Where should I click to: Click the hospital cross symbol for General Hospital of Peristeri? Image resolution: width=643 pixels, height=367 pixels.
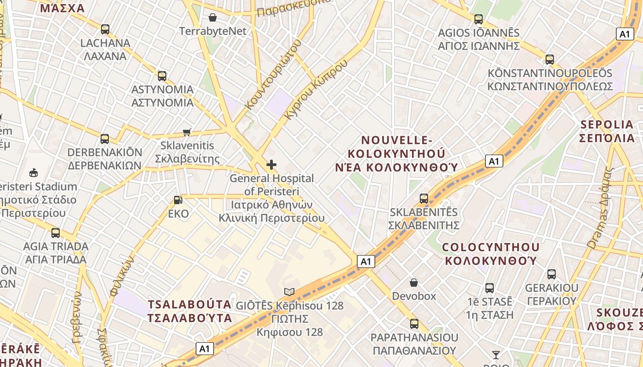pos(271,164)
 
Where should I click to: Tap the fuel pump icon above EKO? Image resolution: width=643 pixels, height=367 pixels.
pos(178,200)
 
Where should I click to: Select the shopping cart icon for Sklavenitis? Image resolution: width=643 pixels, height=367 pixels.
pos(187,132)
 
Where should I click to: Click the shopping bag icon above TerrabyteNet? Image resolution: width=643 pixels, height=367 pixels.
pos(213,17)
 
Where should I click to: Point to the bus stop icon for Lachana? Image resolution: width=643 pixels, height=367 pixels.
pos(105,29)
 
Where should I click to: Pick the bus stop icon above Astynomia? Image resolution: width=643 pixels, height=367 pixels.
pos(162,76)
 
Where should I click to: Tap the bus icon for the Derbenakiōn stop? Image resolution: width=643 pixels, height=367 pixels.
pos(105,139)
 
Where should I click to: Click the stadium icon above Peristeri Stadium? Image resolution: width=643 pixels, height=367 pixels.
pos(33,173)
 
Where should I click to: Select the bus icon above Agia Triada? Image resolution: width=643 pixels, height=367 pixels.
pos(56,233)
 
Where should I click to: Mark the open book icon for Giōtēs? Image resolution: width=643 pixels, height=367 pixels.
pos(289,292)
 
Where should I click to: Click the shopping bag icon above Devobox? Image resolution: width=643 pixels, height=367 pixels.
pos(414,282)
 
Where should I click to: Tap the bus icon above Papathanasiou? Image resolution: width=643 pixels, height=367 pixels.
pos(414,324)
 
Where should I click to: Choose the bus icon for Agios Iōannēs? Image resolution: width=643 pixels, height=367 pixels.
pos(479,19)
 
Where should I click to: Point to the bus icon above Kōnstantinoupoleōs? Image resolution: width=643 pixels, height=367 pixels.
pos(550,60)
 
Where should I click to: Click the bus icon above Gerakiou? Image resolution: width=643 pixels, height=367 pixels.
pos(552,274)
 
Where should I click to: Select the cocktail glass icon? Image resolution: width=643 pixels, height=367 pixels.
pos(496,355)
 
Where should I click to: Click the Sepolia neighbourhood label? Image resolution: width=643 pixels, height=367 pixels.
pos(607,131)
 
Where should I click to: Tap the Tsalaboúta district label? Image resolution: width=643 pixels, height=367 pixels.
pos(189,311)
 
